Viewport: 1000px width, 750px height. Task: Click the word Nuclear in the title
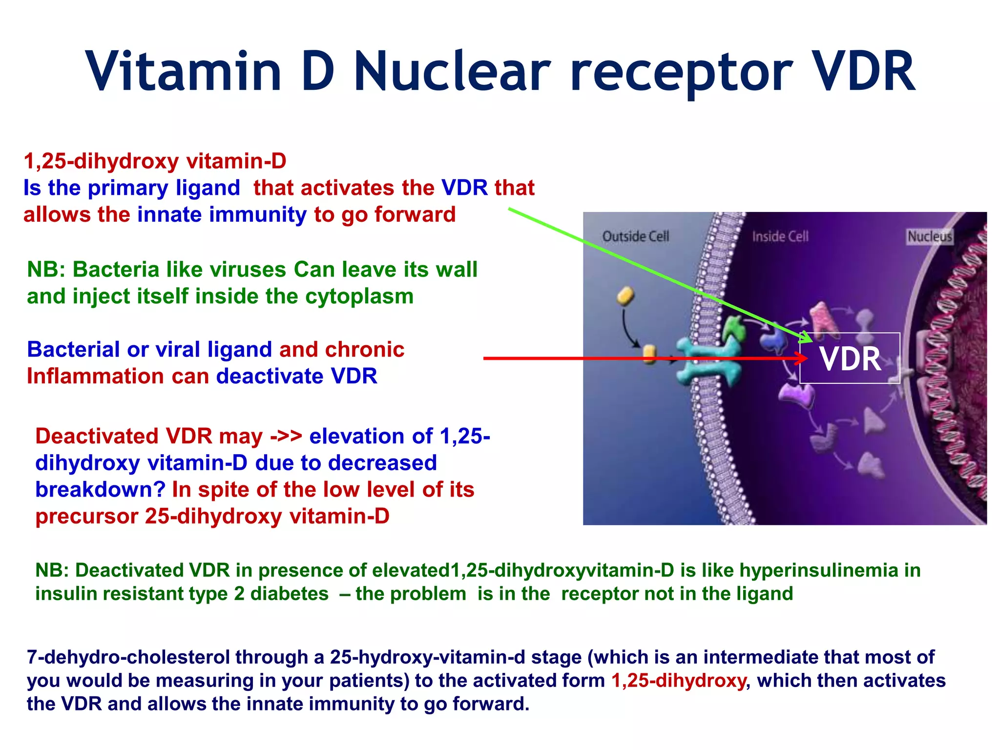[452, 72]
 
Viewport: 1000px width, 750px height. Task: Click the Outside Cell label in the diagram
[635, 237]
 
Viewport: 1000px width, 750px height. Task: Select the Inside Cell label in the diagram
[780, 237]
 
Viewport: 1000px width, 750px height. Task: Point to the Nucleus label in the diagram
[929, 237]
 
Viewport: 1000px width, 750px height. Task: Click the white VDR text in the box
[850, 359]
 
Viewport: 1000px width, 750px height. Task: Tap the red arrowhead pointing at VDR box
[801, 358]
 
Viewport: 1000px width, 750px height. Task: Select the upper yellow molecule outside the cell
[625, 296]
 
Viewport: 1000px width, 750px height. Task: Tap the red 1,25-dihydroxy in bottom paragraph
[679, 681]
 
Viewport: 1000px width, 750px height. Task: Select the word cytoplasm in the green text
[359, 296]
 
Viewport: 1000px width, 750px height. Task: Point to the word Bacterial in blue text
[73, 350]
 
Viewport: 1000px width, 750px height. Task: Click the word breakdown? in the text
[100, 490]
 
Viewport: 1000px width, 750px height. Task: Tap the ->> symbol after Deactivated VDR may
[286, 436]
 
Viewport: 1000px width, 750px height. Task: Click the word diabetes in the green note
[289, 594]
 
